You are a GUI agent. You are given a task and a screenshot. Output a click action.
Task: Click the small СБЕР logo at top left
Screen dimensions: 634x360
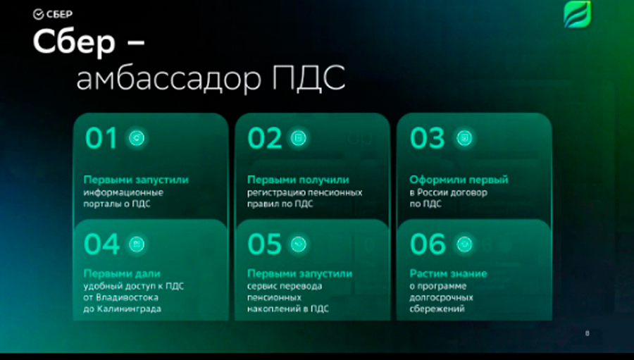(53, 15)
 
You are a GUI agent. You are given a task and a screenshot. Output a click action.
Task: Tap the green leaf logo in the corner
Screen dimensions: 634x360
(578, 14)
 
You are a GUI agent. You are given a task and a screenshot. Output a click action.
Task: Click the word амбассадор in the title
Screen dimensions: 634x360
(169, 78)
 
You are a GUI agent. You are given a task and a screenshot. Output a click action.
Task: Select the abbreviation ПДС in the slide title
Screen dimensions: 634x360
(309, 77)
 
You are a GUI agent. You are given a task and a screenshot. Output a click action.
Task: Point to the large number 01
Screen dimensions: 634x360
(101, 138)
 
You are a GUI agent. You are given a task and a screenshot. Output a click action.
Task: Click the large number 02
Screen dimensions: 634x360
(264, 138)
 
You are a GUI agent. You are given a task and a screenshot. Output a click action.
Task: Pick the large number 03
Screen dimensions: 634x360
(428, 138)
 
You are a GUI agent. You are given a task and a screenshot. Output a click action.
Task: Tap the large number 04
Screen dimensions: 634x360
(102, 244)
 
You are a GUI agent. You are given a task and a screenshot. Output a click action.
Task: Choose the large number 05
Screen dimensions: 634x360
(264, 244)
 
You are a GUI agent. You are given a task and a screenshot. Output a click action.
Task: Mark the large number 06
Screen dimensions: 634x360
(428, 244)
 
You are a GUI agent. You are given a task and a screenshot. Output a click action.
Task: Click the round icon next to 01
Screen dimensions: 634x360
(137, 138)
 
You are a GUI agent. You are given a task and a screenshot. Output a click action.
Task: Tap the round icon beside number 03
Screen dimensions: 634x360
(464, 138)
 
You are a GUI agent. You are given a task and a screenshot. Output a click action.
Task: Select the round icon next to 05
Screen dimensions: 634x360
(299, 244)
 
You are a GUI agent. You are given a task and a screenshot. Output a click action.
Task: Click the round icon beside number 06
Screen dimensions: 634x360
(464, 244)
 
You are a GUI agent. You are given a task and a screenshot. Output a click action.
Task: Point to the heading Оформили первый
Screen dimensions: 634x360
(459, 180)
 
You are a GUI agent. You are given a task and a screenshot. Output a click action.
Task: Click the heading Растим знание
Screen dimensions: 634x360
(449, 274)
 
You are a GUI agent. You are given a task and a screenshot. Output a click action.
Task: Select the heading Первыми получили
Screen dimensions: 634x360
(298, 180)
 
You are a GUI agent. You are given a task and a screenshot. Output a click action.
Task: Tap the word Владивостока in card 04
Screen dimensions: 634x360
(121, 297)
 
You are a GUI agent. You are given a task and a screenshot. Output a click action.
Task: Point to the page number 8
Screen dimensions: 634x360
(587, 333)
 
